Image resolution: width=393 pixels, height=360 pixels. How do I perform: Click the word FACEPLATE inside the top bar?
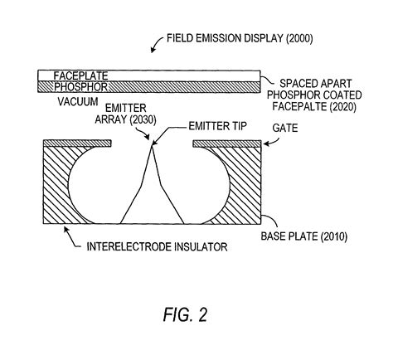tap(79, 74)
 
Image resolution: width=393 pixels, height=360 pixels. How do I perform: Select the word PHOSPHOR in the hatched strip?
tap(80, 85)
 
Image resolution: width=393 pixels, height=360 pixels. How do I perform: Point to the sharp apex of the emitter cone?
tap(151, 144)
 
